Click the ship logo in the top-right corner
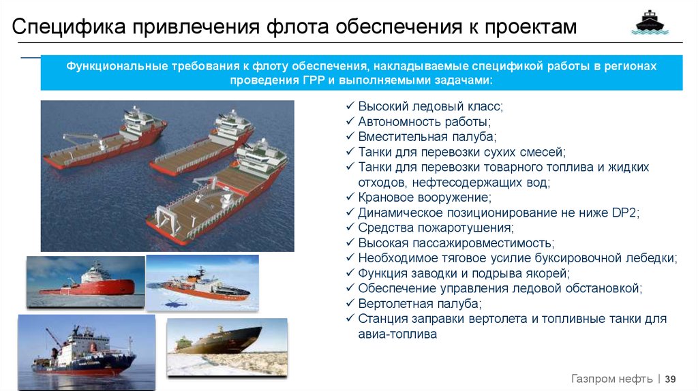point(650,22)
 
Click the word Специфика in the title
point(69,27)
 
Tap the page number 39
point(671,379)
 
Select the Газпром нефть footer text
point(611,379)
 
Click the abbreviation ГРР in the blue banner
point(314,80)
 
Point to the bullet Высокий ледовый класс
point(431,107)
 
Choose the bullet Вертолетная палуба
point(420,304)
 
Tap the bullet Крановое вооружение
point(425,198)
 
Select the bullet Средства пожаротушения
point(436,228)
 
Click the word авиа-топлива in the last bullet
point(397,334)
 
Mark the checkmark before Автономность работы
point(350,121)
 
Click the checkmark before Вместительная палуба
point(350,136)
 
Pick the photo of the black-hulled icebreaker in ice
point(227,347)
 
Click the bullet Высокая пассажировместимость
point(456,243)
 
